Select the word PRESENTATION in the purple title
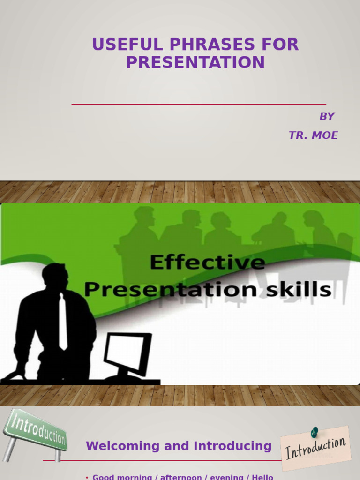(195, 62)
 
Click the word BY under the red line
(327, 116)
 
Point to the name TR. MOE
(313, 135)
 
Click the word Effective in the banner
(207, 262)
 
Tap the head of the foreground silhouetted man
(55, 277)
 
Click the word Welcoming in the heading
(123, 446)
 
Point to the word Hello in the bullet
(262, 477)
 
